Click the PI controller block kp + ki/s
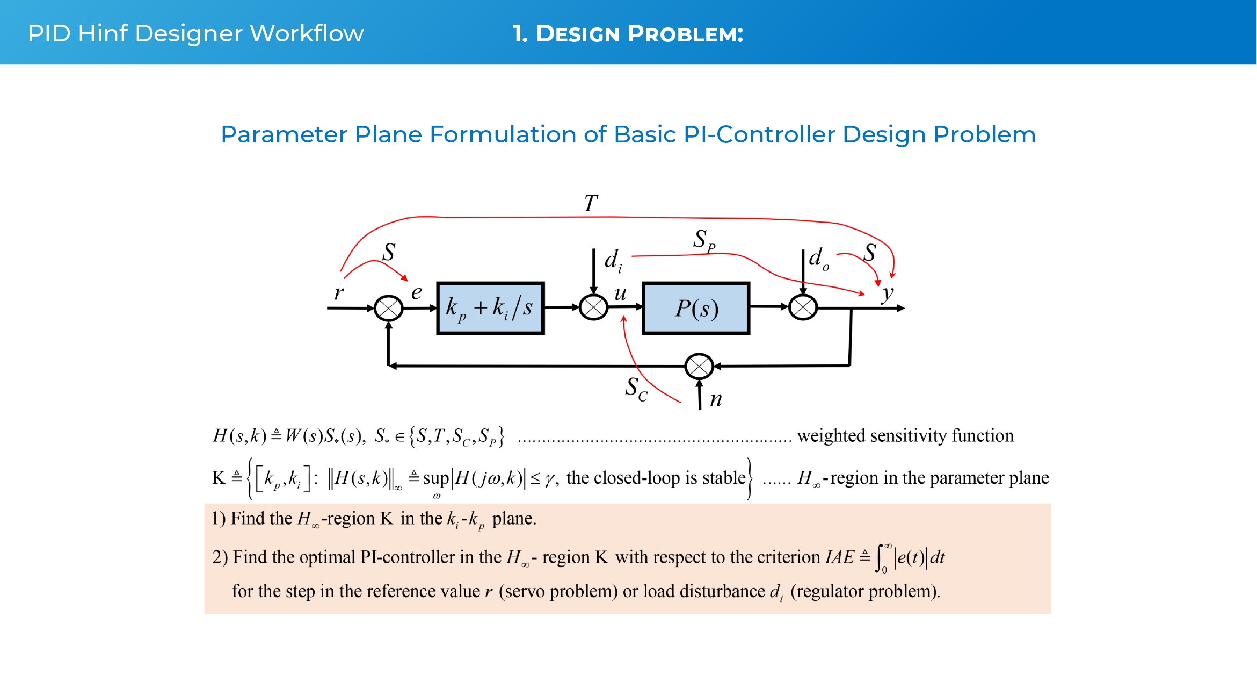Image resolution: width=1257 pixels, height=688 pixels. point(490,308)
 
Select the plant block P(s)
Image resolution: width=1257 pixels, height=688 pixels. point(696,308)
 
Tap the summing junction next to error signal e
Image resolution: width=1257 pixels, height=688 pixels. point(388,308)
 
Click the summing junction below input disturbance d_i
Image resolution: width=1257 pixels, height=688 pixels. point(593,307)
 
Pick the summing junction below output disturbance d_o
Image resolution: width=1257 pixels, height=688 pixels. point(803,307)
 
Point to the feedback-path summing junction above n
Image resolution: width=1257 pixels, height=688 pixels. point(699,367)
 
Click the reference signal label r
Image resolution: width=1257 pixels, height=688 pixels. point(338,293)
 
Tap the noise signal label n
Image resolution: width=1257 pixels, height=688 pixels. point(716,399)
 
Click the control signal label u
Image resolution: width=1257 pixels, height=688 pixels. point(620,293)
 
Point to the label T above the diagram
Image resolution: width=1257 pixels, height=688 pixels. point(591,204)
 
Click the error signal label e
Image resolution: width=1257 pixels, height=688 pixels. point(417,293)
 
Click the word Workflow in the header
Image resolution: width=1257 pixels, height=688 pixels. point(307,33)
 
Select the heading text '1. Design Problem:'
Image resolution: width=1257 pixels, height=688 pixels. point(628,34)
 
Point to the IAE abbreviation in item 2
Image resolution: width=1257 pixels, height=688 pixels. point(839,557)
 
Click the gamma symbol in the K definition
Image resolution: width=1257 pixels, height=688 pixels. point(549,478)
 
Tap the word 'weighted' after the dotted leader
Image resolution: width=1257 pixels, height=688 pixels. point(831,435)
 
